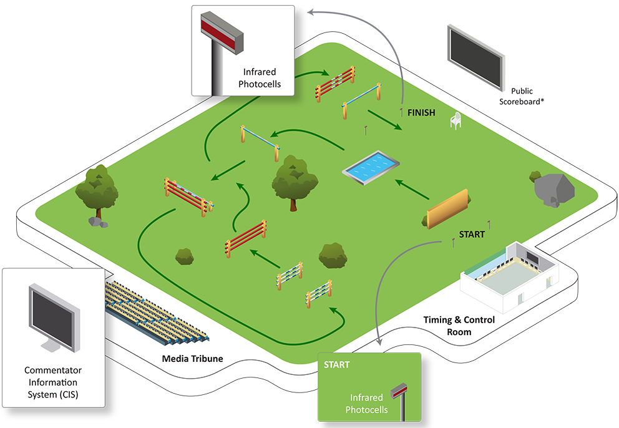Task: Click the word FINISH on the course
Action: [421, 113]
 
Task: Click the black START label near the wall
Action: [472, 235]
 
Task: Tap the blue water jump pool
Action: [371, 167]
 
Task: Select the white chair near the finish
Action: [456, 120]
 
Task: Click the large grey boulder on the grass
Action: [554, 190]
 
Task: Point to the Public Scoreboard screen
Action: [475, 57]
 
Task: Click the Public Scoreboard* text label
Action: [522, 96]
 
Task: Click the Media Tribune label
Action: [192, 359]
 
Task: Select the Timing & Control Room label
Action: [459, 326]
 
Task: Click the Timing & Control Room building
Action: [510, 277]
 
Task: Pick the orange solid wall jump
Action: [447, 209]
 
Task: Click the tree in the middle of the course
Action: [294, 182]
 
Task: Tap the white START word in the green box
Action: [336, 365]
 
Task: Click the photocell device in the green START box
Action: [399, 399]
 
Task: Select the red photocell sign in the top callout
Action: [222, 32]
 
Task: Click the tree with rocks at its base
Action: [97, 195]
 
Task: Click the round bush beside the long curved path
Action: [184, 256]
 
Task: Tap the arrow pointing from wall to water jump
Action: [412, 189]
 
